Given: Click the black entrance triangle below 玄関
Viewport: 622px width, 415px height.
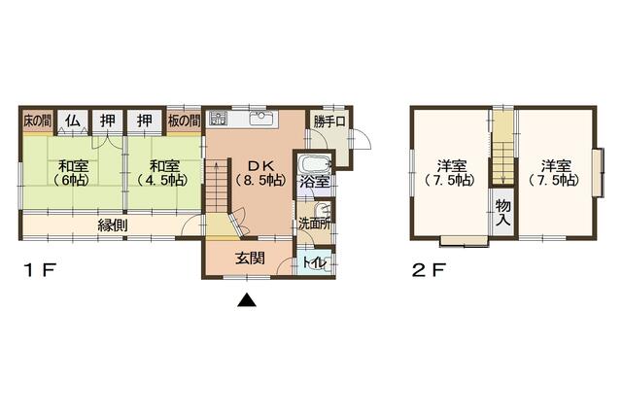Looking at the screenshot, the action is point(247,300).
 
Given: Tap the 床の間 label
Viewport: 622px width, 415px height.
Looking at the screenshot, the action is point(37,121).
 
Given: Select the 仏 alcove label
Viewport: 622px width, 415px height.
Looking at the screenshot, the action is point(72,121).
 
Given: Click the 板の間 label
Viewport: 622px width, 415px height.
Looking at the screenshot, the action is point(184,121).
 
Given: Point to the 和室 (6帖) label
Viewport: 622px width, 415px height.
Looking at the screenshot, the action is point(72,173).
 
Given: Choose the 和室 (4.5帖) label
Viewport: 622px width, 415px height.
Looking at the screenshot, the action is point(163,173).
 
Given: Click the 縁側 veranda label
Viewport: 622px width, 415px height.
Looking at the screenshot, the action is point(113,225).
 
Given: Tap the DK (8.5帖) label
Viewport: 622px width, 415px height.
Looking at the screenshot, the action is point(261,173).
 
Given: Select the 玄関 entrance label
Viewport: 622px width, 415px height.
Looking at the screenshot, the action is point(250,259).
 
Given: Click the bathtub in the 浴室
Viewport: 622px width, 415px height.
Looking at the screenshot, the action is point(315,163).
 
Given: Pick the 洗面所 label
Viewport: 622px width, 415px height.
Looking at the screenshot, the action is point(315,224).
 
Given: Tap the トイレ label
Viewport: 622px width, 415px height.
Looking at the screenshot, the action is point(315,262).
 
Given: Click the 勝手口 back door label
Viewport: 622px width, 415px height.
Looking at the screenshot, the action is point(329,121).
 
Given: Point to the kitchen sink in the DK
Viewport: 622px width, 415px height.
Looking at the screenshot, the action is point(261,118).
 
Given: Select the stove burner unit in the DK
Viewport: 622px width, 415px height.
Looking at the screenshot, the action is point(218,119).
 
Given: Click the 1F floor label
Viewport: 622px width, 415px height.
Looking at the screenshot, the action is point(40,270).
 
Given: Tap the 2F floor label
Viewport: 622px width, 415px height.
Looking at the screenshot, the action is point(429,270).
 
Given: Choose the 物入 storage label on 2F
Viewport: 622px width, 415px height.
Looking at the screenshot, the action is point(503,212).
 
